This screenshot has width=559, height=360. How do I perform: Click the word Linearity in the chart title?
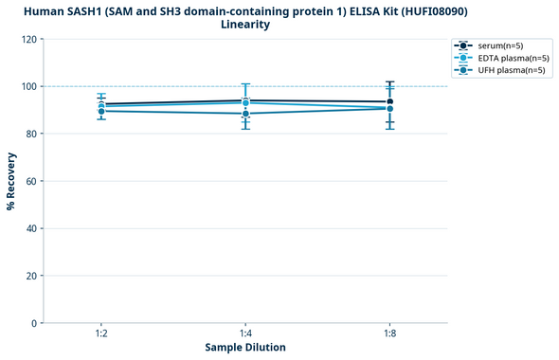pos(245,25)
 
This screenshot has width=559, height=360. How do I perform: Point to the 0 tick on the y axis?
pos(34,323)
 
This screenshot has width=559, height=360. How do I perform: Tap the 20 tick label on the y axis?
pos(31,276)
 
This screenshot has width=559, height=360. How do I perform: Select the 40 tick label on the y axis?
pos(31,228)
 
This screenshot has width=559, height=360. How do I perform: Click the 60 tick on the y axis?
pos(31,181)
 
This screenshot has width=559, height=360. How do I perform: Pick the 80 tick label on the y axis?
pos(31,134)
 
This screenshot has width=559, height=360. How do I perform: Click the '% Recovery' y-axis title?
pos(11,181)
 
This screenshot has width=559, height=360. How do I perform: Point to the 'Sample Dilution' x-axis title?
pos(245,348)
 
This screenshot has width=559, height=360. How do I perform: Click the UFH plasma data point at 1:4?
pos(245,114)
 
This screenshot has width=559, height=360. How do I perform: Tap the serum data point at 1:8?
pos(390,101)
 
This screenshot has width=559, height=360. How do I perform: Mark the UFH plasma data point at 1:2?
pos(101,111)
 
